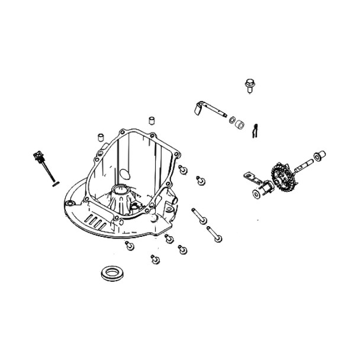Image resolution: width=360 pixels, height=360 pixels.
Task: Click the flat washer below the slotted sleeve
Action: click(x=256, y=194)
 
